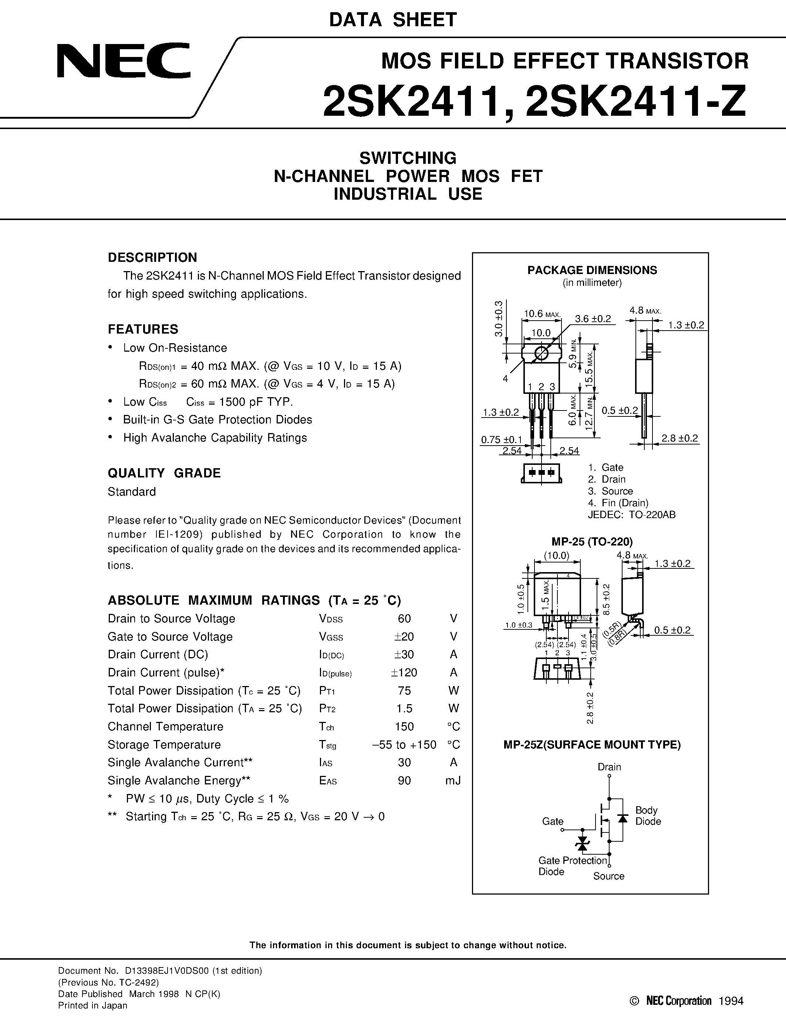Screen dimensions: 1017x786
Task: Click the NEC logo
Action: tap(124, 61)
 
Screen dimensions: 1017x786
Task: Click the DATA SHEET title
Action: tap(392, 20)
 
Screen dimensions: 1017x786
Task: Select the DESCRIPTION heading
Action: tap(152, 257)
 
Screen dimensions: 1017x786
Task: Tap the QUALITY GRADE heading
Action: tap(164, 473)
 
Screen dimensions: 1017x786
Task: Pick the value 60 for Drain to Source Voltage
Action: tap(404, 618)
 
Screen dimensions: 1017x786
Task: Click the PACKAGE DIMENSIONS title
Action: tap(592, 270)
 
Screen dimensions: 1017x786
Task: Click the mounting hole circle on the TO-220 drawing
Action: tap(541, 354)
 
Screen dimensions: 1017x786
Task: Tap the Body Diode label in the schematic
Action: tap(648, 815)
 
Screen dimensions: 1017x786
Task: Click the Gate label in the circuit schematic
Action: tap(552, 821)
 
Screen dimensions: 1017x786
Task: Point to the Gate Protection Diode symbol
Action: tap(582, 843)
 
